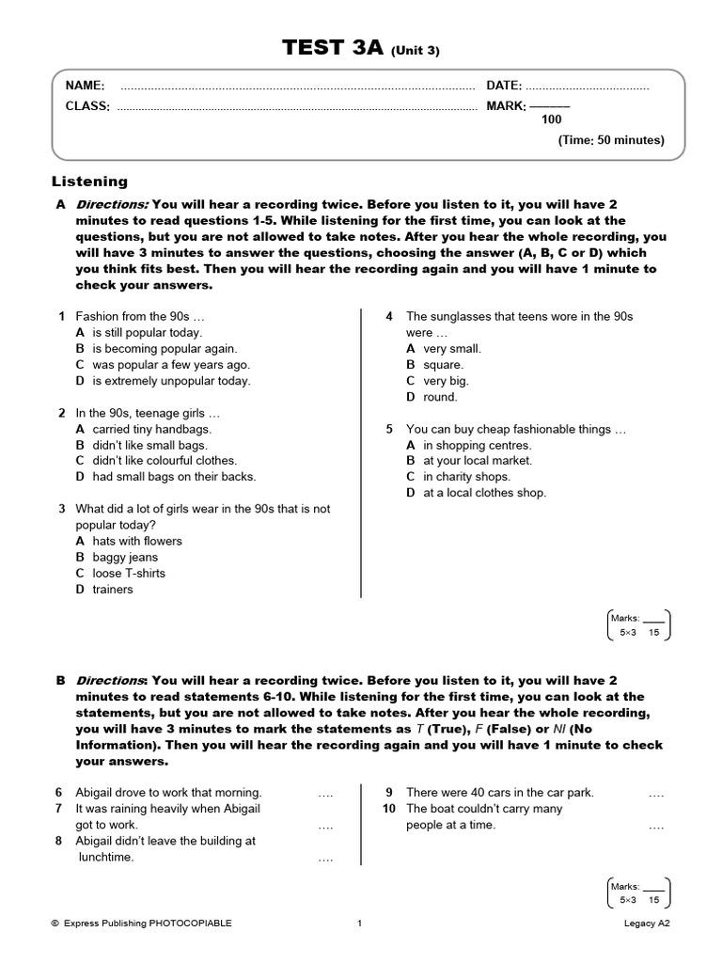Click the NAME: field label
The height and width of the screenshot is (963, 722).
[x=85, y=86]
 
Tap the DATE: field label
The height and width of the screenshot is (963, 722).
[x=504, y=86]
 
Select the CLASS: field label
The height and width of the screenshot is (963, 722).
[x=87, y=106]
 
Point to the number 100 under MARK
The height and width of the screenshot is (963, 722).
[x=551, y=119]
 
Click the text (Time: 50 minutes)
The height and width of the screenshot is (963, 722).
[x=611, y=140]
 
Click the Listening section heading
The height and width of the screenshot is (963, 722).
[x=89, y=182]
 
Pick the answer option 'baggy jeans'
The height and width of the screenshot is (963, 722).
[x=125, y=557]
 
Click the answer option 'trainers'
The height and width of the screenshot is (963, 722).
[x=113, y=590]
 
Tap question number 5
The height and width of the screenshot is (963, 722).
[x=389, y=429]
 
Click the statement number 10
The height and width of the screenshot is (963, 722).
[x=389, y=809]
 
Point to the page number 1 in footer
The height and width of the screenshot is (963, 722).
[x=360, y=924]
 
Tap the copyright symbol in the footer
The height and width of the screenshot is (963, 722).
[x=55, y=924]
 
